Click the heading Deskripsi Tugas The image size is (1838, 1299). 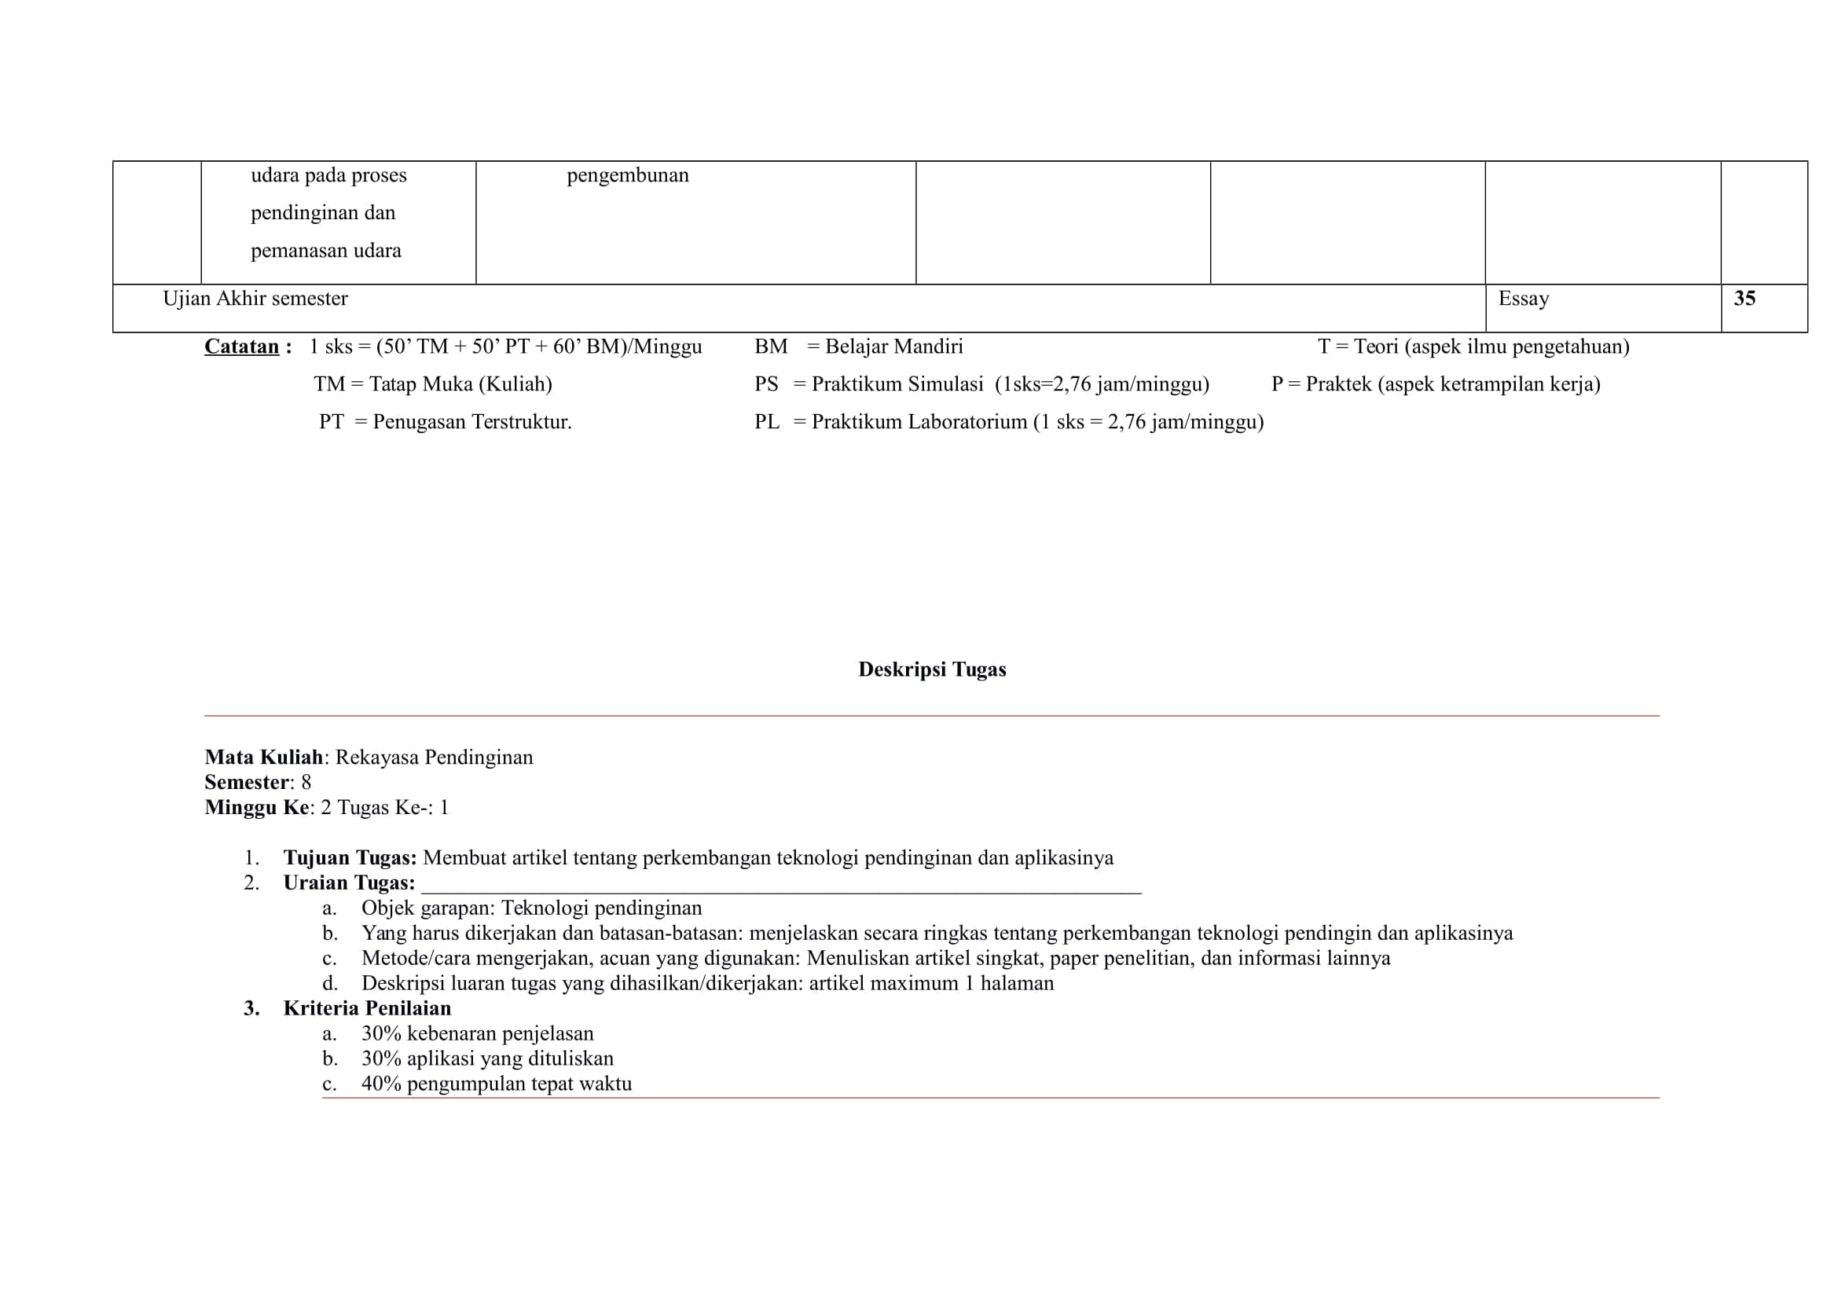point(932,669)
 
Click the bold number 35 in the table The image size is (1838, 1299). point(1744,299)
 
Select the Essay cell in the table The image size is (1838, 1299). point(1524,299)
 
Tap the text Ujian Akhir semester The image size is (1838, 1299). point(255,299)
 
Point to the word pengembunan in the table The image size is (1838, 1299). point(628,175)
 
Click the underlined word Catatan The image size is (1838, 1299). point(242,347)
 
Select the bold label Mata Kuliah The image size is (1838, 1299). point(263,757)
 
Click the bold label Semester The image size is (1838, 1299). point(247,782)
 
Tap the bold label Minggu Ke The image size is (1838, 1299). point(256,807)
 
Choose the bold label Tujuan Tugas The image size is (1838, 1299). point(350,858)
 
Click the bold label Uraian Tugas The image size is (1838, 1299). point(349,883)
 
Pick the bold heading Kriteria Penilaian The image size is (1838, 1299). point(367,1007)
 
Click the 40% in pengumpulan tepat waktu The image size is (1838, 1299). point(381,1084)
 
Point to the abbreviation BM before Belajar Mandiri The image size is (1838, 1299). point(771,347)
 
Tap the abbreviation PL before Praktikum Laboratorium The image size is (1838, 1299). point(767,422)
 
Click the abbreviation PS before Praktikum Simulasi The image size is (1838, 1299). point(766,384)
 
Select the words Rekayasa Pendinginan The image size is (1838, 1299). point(434,757)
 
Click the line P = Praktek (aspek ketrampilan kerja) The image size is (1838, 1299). point(1436,384)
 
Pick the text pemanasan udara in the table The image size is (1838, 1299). point(326,251)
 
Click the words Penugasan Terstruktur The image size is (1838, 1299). point(472,422)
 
